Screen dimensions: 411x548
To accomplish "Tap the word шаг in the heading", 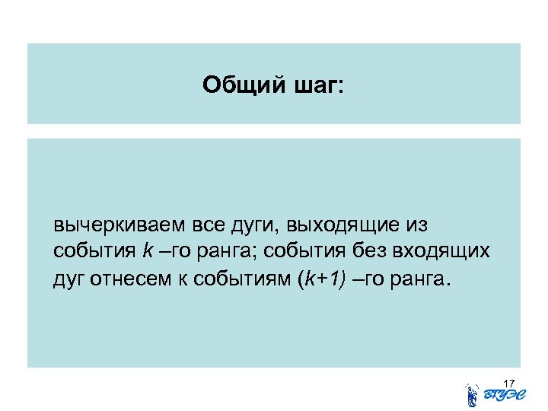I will coord(316,85).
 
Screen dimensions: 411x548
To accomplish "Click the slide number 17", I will coord(509,381).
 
